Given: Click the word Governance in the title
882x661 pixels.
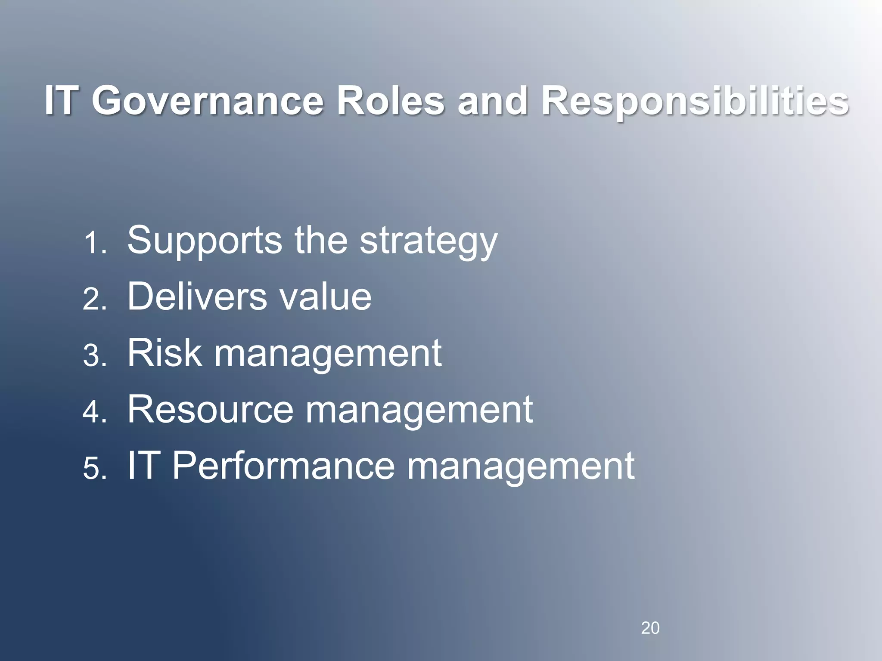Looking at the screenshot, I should click(x=207, y=102).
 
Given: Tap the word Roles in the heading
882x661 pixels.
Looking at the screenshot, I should click(x=390, y=102).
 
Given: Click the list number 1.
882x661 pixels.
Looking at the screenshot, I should click(x=94, y=244).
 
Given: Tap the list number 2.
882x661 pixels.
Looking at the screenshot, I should click(x=94, y=300).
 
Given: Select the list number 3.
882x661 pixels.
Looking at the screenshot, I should click(x=94, y=356).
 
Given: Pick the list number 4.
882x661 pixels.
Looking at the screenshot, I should click(x=94, y=413).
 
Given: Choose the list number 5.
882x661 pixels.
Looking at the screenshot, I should click(x=94, y=469).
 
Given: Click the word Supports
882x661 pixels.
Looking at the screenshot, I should click(x=205, y=241).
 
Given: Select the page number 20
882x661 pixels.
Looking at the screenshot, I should click(x=650, y=628).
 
